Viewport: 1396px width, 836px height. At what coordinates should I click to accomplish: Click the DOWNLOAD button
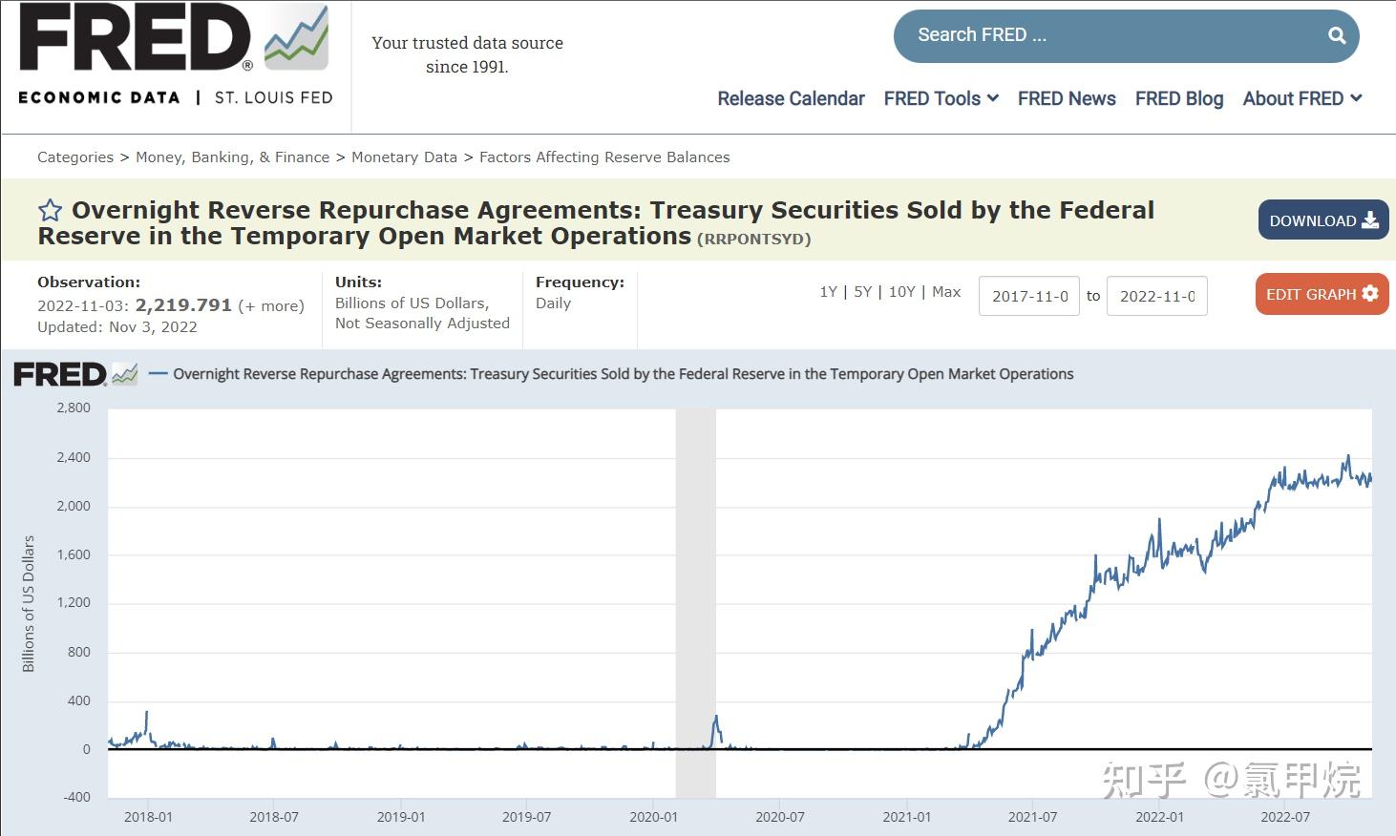pyautogui.click(x=1322, y=220)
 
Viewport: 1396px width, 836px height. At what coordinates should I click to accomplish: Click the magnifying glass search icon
pyautogui.click(x=1337, y=35)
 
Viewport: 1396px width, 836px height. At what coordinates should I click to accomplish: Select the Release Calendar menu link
pyautogui.click(x=791, y=98)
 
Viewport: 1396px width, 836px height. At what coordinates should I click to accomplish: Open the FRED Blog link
pyautogui.click(x=1178, y=98)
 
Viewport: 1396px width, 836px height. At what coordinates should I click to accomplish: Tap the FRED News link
pyautogui.click(x=1066, y=98)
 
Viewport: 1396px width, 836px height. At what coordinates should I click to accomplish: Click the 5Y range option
pyautogui.click(x=862, y=292)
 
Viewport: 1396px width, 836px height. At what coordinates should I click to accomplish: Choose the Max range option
pyautogui.click(x=946, y=292)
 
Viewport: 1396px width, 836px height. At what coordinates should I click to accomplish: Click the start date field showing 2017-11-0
pyautogui.click(x=1028, y=296)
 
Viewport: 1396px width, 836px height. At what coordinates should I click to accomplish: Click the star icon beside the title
pyautogui.click(x=50, y=211)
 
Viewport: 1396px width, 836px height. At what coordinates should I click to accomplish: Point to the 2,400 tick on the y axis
pyautogui.click(x=74, y=457)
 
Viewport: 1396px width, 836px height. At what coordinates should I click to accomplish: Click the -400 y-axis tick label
pyautogui.click(x=75, y=797)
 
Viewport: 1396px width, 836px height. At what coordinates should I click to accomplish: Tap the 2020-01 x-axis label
pyautogui.click(x=653, y=817)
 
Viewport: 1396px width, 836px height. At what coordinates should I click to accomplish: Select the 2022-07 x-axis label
pyautogui.click(x=1284, y=817)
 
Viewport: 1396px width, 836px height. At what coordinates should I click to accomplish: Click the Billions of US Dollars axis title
pyautogui.click(x=29, y=603)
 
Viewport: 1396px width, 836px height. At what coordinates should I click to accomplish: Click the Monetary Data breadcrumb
pyautogui.click(x=404, y=157)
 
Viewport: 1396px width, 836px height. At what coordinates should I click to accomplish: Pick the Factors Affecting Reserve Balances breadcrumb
pyautogui.click(x=604, y=157)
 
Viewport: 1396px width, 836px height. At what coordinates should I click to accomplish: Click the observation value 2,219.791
pyautogui.click(x=183, y=305)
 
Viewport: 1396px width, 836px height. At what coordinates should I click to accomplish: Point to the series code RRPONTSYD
pyautogui.click(x=753, y=239)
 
